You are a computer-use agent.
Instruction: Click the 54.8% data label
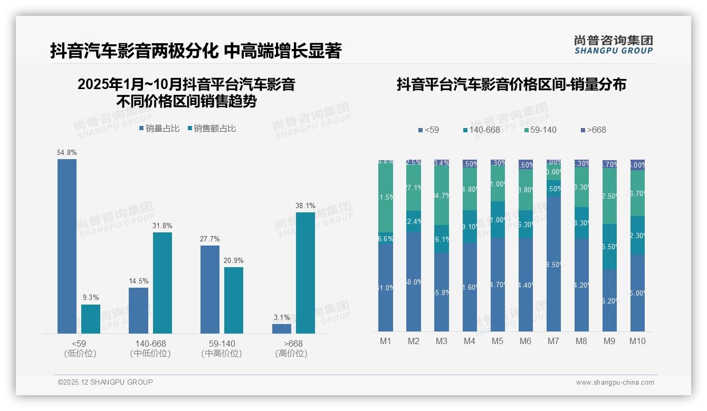pyautogui.click(x=67, y=153)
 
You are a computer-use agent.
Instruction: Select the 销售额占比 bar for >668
pyautogui.click(x=305, y=272)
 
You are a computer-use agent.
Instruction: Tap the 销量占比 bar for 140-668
pyautogui.click(x=138, y=310)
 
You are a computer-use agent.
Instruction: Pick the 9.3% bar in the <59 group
pyautogui.click(x=91, y=319)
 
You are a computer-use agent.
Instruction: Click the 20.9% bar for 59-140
pyautogui.click(x=234, y=300)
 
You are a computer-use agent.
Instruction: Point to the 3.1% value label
pyautogui.click(x=282, y=318)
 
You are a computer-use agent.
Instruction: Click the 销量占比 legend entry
pyautogui.click(x=159, y=128)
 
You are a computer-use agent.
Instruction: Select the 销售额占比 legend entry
pyautogui.click(x=212, y=128)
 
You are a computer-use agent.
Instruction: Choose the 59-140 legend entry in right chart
pyautogui.click(x=540, y=130)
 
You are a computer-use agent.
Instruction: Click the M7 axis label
pyautogui.click(x=553, y=341)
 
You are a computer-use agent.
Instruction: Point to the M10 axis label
pyautogui.click(x=637, y=341)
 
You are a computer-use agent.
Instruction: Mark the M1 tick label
pyautogui.click(x=386, y=341)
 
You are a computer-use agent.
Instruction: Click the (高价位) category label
pyautogui.click(x=291, y=354)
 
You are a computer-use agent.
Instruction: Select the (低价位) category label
pyautogui.click(x=80, y=354)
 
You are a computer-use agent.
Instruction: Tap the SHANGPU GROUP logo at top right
pyautogui.click(x=613, y=45)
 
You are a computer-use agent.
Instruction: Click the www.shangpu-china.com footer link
pyautogui.click(x=615, y=383)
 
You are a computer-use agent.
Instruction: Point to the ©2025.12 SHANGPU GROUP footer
pyautogui.click(x=106, y=382)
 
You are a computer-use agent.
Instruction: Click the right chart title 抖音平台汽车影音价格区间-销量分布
pyautogui.click(x=511, y=84)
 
